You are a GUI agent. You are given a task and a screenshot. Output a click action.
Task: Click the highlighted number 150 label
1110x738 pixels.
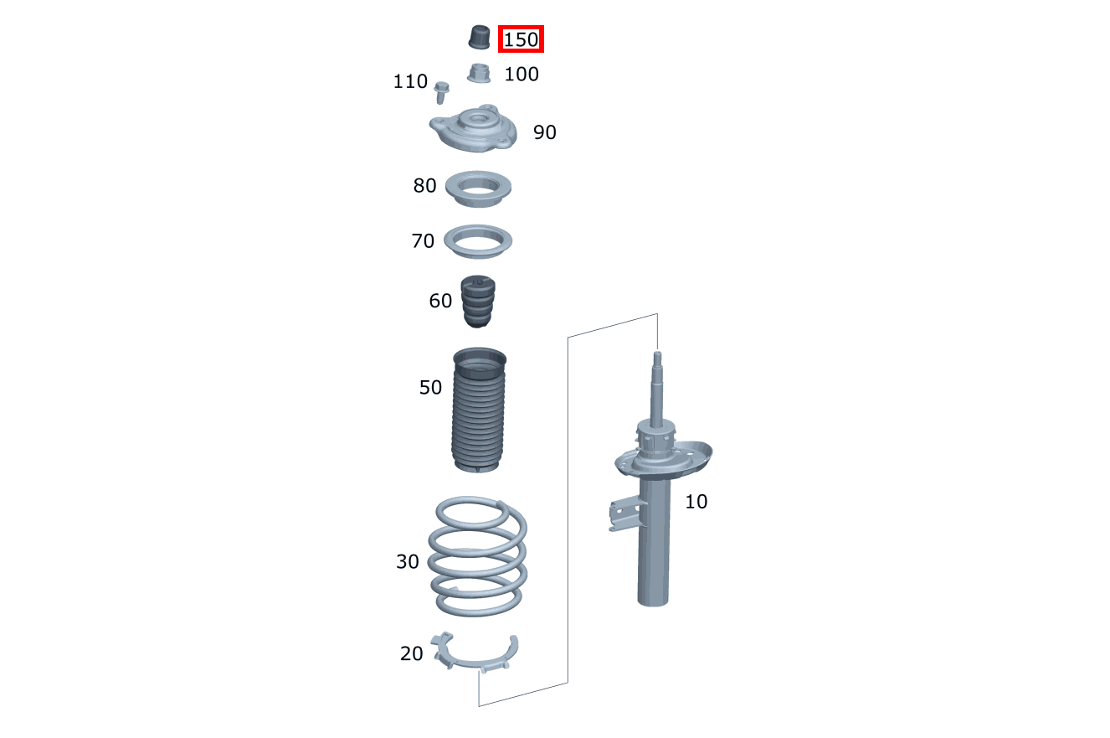pos(521,39)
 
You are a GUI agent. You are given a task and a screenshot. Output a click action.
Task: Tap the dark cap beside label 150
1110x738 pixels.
pos(479,37)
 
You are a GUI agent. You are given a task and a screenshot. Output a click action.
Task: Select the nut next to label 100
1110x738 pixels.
pos(479,74)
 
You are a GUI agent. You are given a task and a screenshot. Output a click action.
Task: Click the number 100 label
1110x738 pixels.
pos(522,74)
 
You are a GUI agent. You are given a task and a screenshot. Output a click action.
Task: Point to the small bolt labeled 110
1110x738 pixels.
pos(441,92)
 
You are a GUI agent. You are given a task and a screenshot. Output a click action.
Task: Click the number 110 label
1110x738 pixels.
pos(410,81)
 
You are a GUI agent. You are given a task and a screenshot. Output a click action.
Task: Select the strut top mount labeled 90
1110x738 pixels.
pos(473,129)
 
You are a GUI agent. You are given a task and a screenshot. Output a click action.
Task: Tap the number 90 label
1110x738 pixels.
pos(545,132)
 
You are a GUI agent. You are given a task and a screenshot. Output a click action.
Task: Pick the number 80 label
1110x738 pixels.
pos(424,185)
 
